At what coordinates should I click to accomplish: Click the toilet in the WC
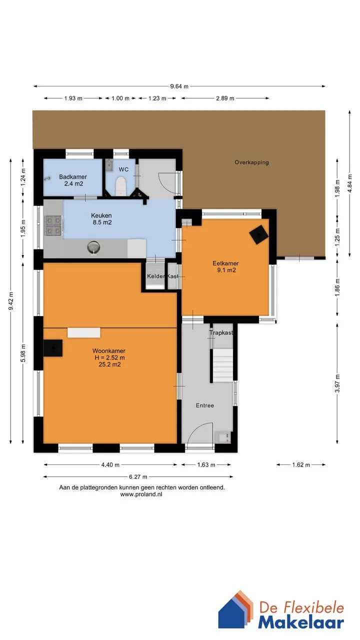121,186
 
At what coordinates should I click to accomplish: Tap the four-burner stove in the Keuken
53,225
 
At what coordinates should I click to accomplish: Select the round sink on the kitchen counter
93,247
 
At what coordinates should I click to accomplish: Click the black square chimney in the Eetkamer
258,234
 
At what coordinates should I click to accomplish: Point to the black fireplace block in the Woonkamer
53,347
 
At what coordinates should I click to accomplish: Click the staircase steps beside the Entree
222,365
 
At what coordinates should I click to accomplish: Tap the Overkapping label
251,162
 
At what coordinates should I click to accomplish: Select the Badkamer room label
73,177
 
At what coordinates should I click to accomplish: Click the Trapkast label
221,332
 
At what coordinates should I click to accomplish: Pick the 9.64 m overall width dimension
179,86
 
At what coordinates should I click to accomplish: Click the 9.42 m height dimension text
11,300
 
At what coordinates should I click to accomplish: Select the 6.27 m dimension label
138,476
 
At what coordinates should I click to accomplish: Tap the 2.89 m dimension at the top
225,98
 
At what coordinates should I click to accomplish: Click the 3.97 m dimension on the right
337,383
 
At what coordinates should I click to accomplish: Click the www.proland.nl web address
141,494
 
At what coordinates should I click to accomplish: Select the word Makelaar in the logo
301,623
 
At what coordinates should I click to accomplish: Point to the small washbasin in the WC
108,165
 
